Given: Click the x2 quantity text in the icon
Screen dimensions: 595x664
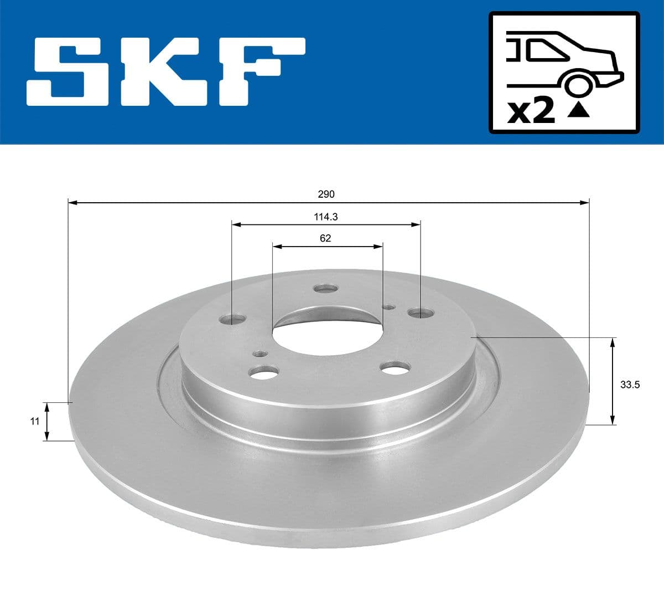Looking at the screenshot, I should (531, 112).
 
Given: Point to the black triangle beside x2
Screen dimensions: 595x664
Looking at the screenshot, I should (579, 111).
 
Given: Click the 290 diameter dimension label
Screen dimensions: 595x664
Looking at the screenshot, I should (326, 194).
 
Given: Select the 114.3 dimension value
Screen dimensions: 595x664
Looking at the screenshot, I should (326, 217).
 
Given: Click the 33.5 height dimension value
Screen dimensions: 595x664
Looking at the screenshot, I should (630, 384).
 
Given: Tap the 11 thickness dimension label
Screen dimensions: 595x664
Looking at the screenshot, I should (34, 421).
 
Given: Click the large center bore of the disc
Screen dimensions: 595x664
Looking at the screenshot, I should (327, 332).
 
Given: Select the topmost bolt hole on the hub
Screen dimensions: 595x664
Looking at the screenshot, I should (325, 289).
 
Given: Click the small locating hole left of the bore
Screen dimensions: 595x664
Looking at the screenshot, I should (259, 353).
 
